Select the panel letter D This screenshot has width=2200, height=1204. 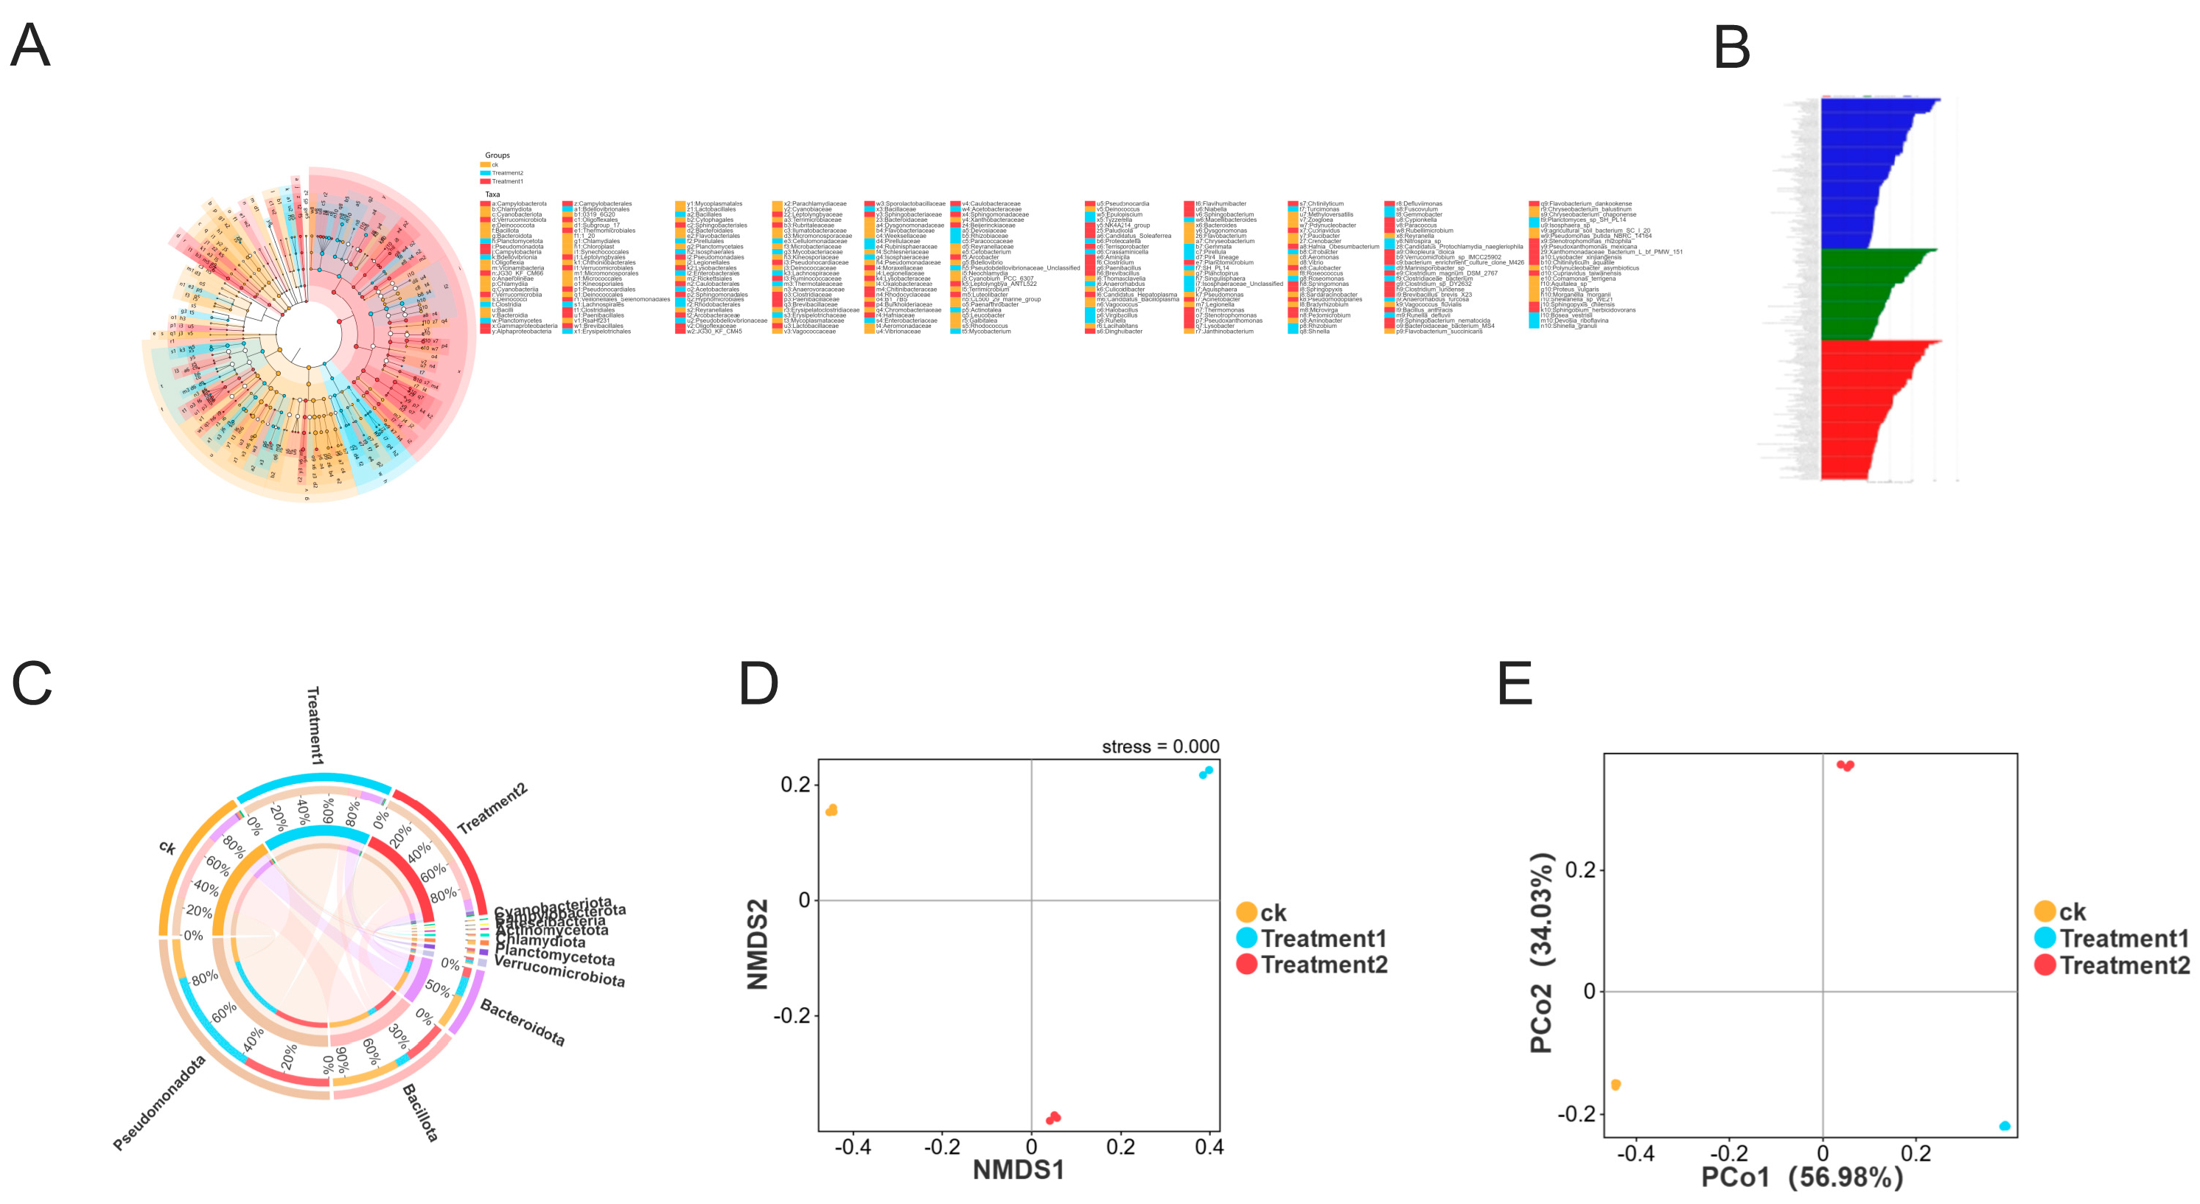pos(758,684)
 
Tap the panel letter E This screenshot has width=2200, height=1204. pos(1516,684)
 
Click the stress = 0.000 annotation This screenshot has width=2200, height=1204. pos(1160,746)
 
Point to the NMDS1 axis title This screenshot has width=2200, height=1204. pos(1018,1169)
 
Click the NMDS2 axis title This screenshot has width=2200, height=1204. pos(758,944)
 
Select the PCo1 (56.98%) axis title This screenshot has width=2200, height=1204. pos(1802,1177)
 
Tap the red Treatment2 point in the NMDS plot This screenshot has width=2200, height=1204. pos(1053,1118)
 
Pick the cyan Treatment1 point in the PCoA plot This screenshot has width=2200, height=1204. pos(2005,1125)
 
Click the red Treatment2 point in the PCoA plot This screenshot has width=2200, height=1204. pos(1845,765)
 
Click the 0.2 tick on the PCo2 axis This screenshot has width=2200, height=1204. pos(1580,870)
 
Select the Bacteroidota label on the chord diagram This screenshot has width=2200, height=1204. pos(523,1022)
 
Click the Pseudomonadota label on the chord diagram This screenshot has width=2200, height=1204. pos(160,1102)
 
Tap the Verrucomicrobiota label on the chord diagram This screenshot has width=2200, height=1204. pos(559,972)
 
